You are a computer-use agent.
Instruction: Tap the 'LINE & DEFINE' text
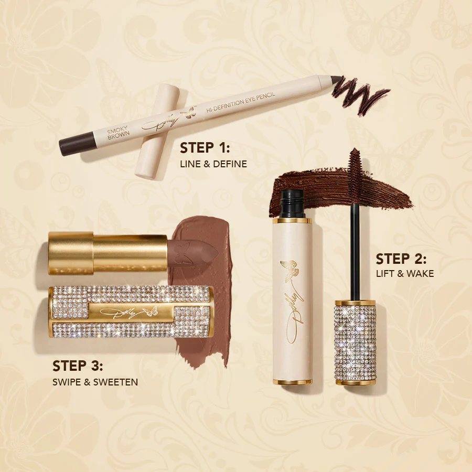[213, 164]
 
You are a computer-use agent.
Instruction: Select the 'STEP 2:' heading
[401, 259]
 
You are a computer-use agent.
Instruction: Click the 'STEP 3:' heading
[78, 365]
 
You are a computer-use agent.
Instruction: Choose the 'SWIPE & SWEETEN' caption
[95, 382]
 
